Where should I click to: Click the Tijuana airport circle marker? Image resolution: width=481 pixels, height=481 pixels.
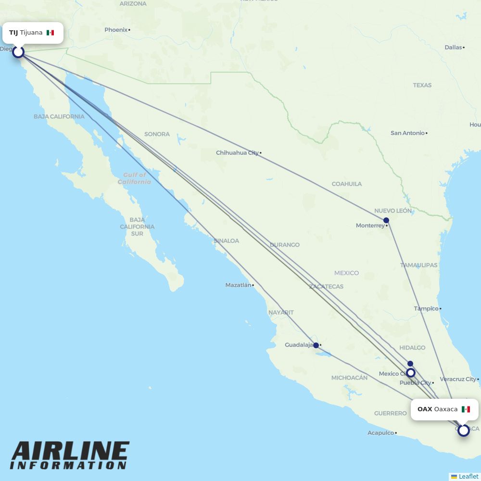coord(18,51)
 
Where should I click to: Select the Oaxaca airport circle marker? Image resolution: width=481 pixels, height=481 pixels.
coord(463,430)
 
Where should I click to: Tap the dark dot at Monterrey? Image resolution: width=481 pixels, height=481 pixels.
coord(386,220)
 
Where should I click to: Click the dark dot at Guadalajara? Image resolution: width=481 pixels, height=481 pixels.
coord(316,345)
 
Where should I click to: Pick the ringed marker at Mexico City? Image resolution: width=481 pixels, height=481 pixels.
coord(410,373)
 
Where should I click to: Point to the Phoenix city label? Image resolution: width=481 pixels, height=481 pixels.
coord(116,30)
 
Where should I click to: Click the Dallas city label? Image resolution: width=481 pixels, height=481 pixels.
coord(453,47)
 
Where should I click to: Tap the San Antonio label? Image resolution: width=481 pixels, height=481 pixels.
coord(407,133)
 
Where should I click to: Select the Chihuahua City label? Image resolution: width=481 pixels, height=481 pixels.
coord(237,153)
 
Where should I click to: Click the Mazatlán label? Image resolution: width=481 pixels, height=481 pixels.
coord(238,285)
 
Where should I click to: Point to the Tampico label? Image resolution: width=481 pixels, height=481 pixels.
coord(426,309)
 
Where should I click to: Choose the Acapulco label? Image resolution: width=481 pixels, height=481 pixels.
coord(380,433)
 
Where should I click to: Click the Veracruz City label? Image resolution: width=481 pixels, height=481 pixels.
coord(458,379)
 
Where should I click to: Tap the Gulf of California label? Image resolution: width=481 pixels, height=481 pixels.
coord(134,178)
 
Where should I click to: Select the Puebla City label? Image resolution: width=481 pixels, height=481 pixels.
coord(416,383)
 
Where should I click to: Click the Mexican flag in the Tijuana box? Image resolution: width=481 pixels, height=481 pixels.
coord(50,33)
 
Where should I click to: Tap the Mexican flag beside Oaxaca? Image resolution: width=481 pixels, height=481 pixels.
coord(466,409)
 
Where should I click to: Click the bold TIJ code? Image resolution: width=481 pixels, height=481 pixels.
coord(13,33)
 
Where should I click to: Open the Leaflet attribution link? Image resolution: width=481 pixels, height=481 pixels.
coord(468,476)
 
